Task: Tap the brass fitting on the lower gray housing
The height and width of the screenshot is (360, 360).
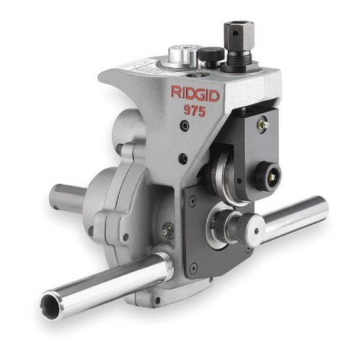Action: (168, 230)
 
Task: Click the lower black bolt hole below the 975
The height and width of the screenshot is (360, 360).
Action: (184, 158)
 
